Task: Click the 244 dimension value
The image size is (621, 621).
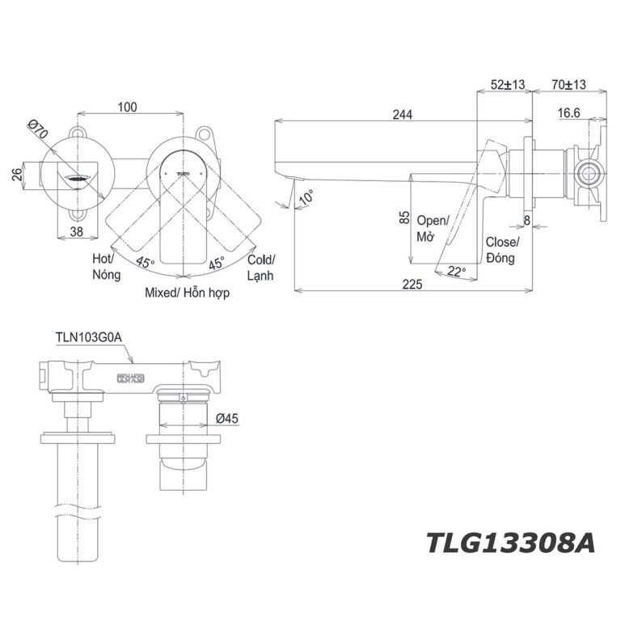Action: pos(403,115)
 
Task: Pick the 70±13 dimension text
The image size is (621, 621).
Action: pos(569,84)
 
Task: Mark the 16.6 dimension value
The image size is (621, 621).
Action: pos(569,114)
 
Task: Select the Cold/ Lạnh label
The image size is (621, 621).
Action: pos(260,268)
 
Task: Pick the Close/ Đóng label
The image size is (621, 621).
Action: pos(502,250)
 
